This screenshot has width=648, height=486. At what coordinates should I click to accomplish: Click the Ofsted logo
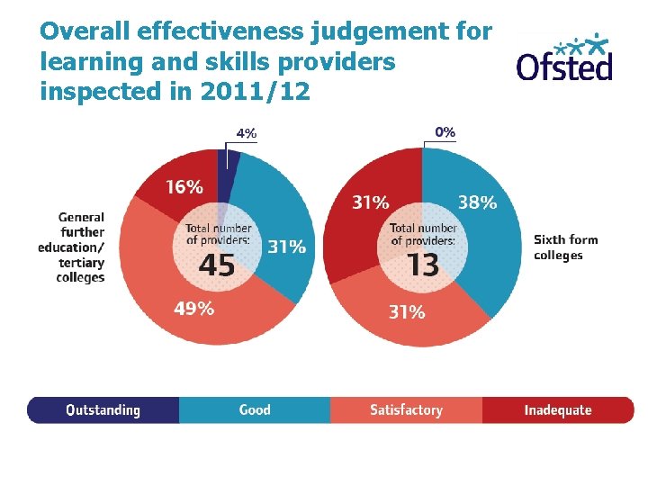(x=564, y=58)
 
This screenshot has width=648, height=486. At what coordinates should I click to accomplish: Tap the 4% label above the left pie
(x=246, y=133)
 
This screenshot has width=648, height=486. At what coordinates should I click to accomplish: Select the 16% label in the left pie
(x=184, y=187)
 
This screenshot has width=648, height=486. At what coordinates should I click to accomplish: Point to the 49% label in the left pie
(x=193, y=309)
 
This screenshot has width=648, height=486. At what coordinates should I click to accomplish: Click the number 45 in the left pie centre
(x=216, y=265)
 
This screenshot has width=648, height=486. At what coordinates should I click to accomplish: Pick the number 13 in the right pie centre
(x=422, y=265)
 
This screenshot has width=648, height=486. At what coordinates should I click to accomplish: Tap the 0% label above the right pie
(x=445, y=131)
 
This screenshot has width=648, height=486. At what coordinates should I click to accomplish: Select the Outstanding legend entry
(x=103, y=410)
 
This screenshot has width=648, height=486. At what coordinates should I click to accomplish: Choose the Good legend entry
(x=255, y=410)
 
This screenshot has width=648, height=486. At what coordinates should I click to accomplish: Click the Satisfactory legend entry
(x=406, y=410)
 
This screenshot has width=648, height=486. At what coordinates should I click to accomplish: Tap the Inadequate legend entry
(x=558, y=410)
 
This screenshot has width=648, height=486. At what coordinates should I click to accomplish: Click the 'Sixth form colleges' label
(x=565, y=247)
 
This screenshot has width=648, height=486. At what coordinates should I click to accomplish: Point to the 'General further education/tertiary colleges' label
(x=73, y=247)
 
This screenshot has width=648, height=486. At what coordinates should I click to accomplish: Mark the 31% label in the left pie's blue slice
(x=286, y=247)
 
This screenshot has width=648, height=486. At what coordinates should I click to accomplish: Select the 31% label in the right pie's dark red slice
(x=370, y=202)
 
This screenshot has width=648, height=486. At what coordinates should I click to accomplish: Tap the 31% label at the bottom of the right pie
(x=407, y=312)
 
